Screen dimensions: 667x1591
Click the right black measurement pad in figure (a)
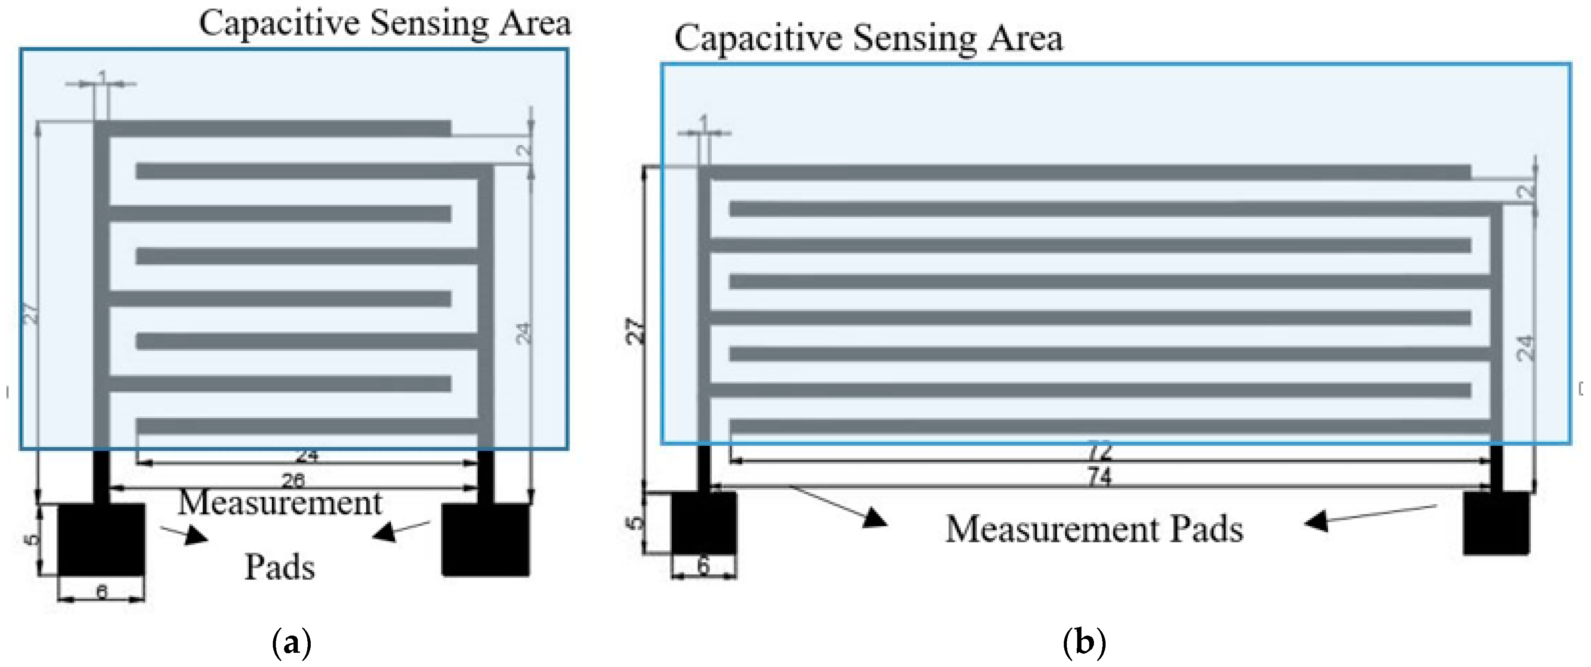click(486, 539)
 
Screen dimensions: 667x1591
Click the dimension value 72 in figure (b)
click(1100, 451)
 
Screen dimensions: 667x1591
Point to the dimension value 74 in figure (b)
click(1100, 477)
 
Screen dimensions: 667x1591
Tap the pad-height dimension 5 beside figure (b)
click(634, 523)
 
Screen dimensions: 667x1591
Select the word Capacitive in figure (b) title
click(758, 38)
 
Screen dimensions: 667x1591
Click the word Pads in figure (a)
click(280, 567)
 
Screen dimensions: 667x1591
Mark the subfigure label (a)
click(291, 643)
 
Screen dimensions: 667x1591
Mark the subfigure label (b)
click(1084, 643)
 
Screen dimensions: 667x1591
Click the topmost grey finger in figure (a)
click(278, 129)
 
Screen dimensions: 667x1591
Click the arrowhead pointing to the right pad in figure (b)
click(1317, 521)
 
